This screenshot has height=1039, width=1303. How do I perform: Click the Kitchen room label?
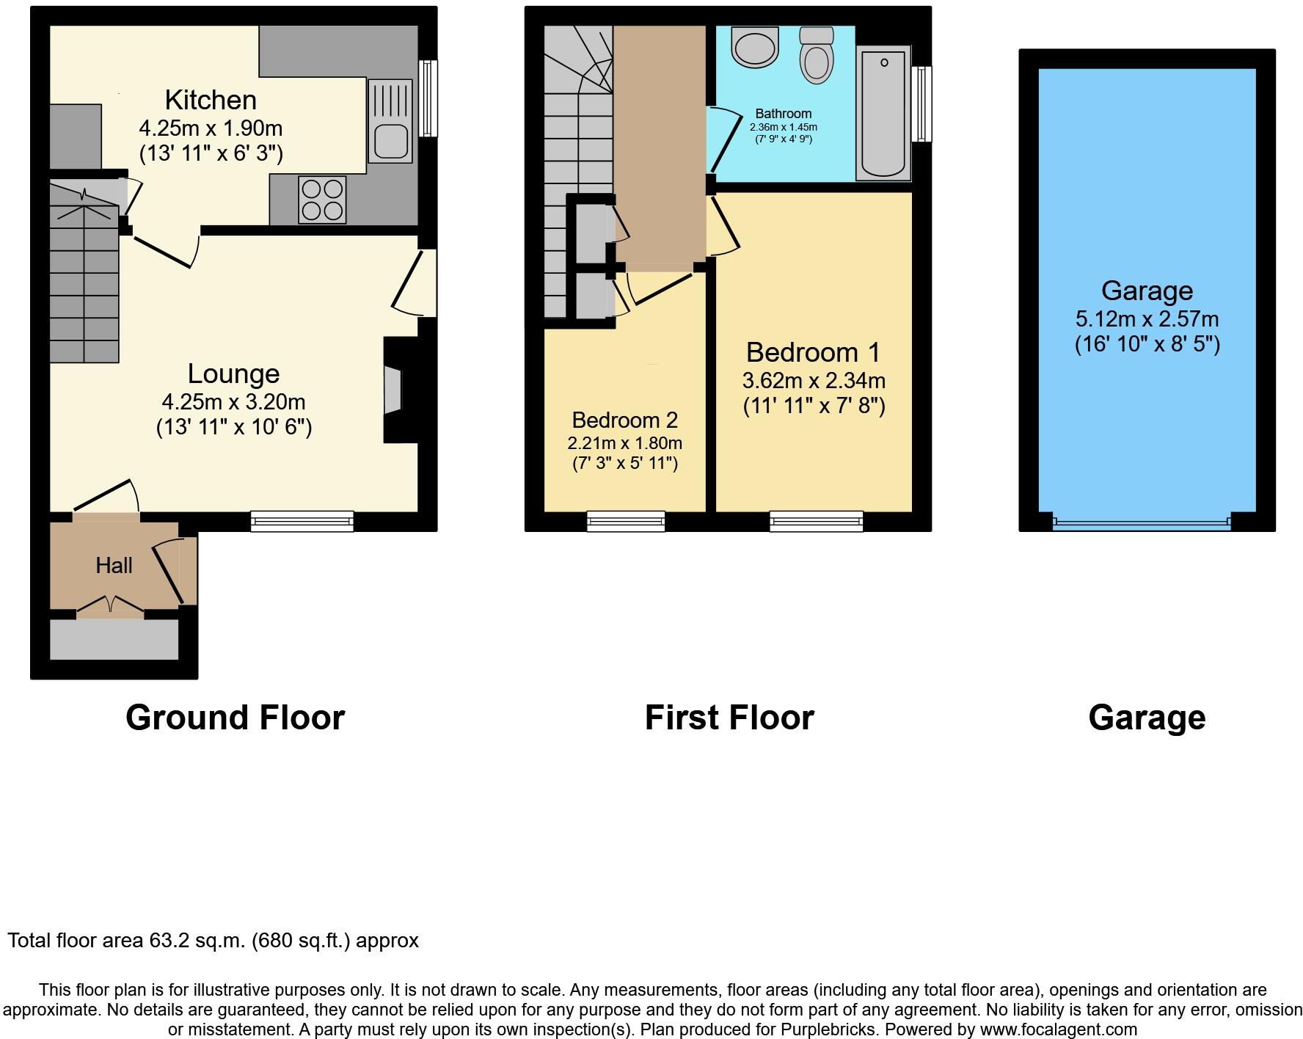tap(211, 100)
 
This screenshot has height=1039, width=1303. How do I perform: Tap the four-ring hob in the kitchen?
tap(323, 200)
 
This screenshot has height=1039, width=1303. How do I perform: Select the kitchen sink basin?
tap(390, 142)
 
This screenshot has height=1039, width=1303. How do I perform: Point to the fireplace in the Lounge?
tap(394, 390)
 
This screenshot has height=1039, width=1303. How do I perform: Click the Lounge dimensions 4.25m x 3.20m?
tap(233, 402)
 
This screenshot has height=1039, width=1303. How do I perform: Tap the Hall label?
tap(114, 566)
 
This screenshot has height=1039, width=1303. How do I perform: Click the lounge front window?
tap(302, 521)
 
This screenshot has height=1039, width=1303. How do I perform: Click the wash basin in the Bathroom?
tap(754, 47)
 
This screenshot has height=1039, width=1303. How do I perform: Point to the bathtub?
tap(883, 114)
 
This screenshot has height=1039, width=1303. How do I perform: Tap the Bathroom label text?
tap(783, 114)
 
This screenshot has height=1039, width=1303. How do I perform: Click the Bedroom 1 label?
tap(813, 353)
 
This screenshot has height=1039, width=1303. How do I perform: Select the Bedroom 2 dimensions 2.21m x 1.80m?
tap(624, 443)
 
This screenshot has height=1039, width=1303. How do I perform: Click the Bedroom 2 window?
tap(626, 522)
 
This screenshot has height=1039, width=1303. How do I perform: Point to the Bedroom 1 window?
tap(816, 522)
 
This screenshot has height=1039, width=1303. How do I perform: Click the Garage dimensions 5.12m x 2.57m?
tap(1147, 319)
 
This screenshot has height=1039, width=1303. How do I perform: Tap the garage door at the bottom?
tap(1141, 523)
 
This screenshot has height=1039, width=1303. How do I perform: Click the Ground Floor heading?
tap(235, 718)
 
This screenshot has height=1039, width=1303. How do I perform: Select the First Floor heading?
tap(729, 718)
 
